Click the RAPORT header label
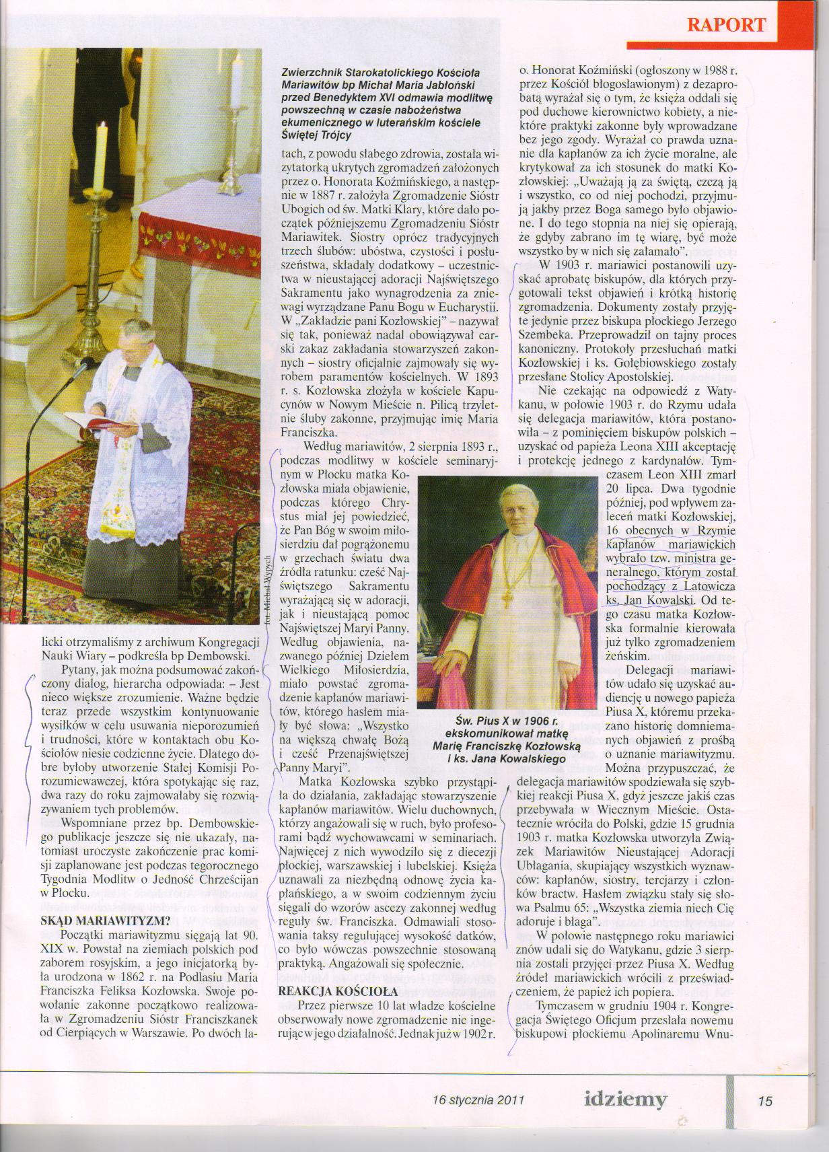(x=726, y=25)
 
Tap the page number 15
(x=765, y=1101)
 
